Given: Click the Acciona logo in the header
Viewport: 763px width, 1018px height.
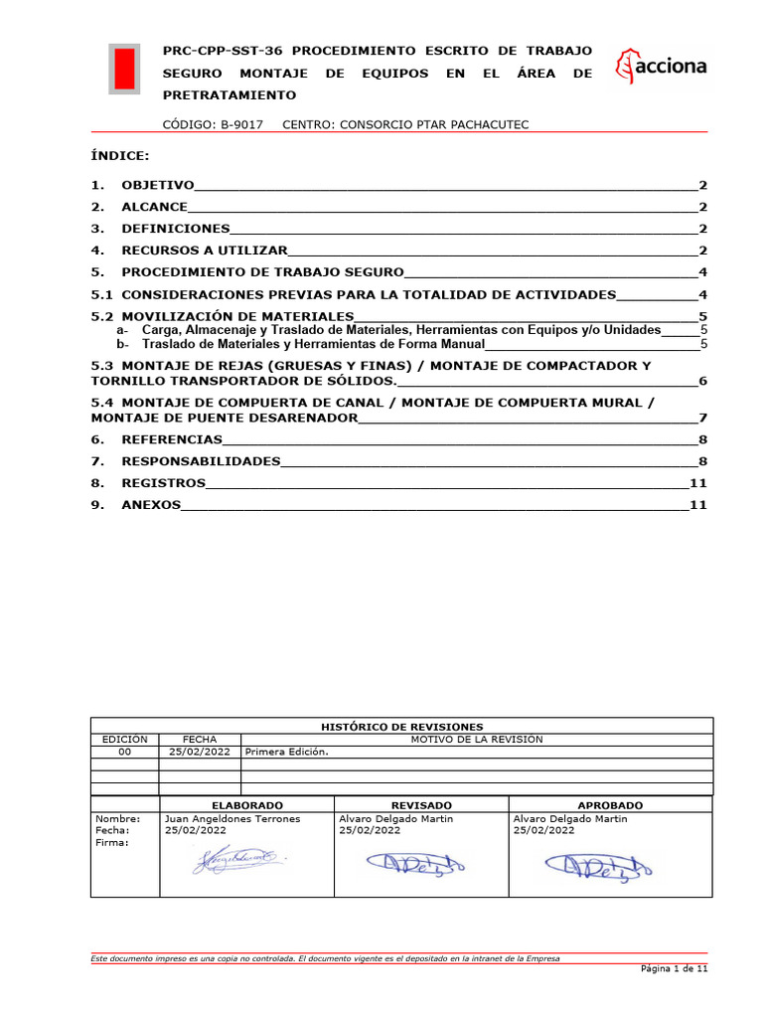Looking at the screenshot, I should coord(662,67).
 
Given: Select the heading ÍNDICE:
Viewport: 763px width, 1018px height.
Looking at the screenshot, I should coord(120,156).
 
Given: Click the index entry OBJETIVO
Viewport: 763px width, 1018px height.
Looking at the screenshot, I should coord(157,186).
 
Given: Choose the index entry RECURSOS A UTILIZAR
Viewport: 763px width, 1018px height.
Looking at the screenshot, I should coord(204,251).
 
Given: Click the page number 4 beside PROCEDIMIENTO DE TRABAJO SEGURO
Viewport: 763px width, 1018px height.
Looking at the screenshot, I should coord(701,272).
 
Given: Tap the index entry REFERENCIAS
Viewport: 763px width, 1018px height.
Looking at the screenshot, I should coord(171,439).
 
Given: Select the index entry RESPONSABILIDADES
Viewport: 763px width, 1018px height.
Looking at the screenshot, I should coord(201,461).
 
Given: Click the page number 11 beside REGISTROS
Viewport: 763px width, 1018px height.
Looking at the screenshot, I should coord(697,483).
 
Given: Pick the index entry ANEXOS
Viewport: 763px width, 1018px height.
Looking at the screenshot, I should coord(151,505).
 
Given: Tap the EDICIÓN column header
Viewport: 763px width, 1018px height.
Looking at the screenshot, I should coord(125,740).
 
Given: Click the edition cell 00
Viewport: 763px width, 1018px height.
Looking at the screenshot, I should coord(125,753).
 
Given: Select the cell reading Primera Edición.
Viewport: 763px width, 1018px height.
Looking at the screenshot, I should coord(287,753).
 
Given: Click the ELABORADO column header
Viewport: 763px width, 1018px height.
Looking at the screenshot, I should coord(247,805).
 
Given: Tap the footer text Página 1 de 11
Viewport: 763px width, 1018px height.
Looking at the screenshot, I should coord(673,967).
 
